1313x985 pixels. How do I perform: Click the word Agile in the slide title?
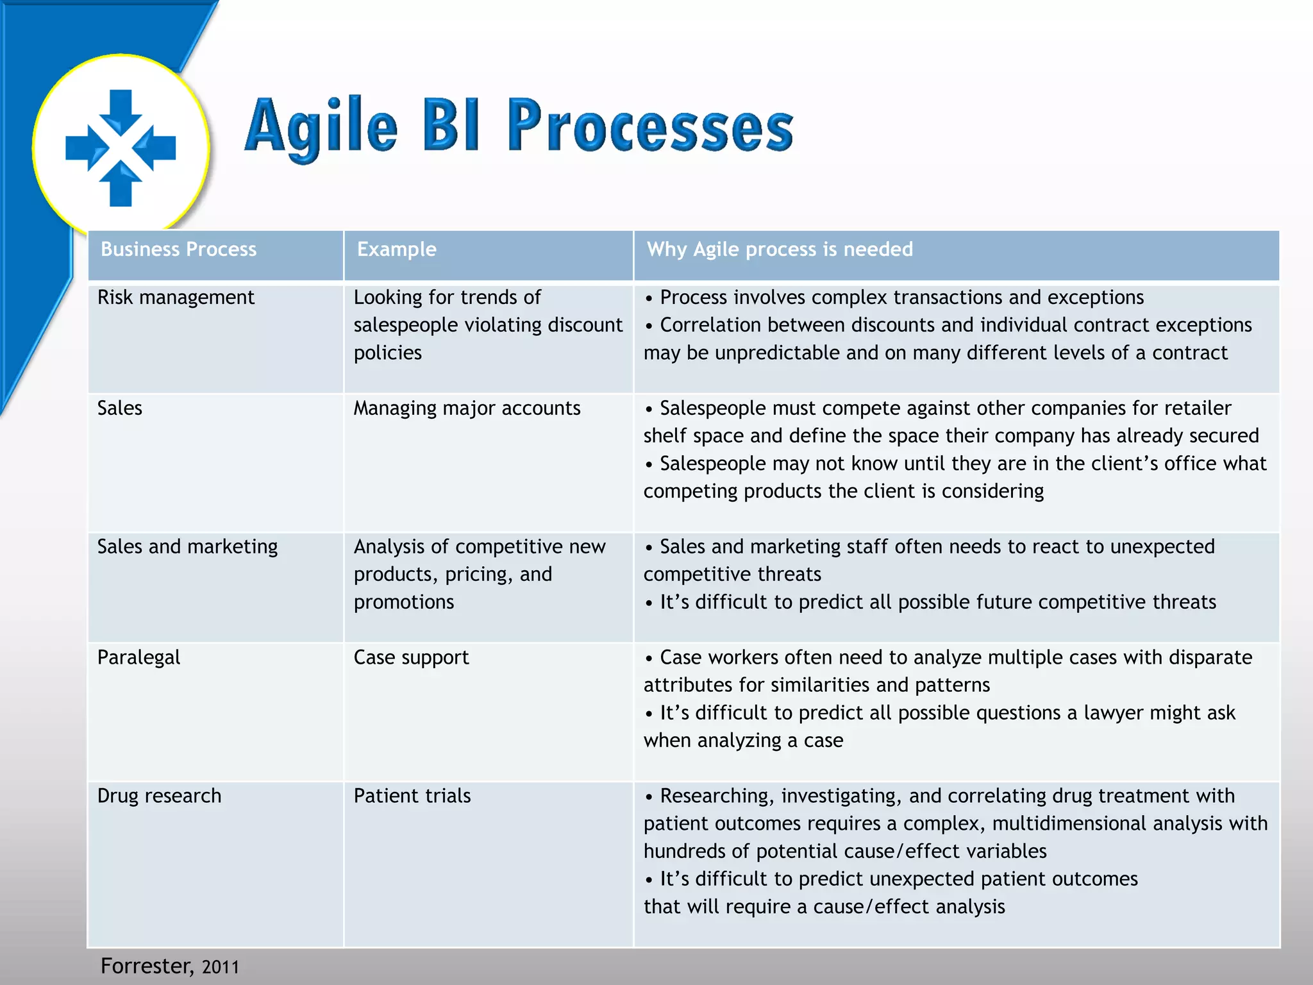pyautogui.click(x=321, y=126)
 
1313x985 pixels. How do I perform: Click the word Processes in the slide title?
pyautogui.click(x=650, y=126)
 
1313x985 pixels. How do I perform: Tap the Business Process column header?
pyautogui.click(x=178, y=249)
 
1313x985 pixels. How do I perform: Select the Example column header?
pyautogui.click(x=396, y=249)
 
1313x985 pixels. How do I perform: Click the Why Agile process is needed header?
pyautogui.click(x=780, y=249)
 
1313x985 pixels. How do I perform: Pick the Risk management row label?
pyautogui.click(x=176, y=298)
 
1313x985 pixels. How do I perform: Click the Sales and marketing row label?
pyautogui.click(x=187, y=546)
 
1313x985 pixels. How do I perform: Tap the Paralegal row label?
pyautogui.click(x=138, y=657)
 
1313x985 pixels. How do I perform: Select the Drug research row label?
pyautogui.click(x=159, y=796)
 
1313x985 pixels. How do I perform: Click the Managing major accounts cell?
pyautogui.click(x=467, y=408)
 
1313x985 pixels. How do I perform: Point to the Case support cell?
pyautogui.click(x=411, y=657)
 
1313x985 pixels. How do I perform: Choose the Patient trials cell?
pyautogui.click(x=412, y=796)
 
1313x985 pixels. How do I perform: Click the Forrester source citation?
pyautogui.click(x=146, y=966)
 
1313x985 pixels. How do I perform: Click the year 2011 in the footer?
pyautogui.click(x=221, y=967)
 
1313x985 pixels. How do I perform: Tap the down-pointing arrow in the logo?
pyautogui.click(x=121, y=112)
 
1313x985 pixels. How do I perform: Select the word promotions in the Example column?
pyautogui.click(x=403, y=602)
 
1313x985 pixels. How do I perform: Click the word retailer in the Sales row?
pyautogui.click(x=1197, y=408)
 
